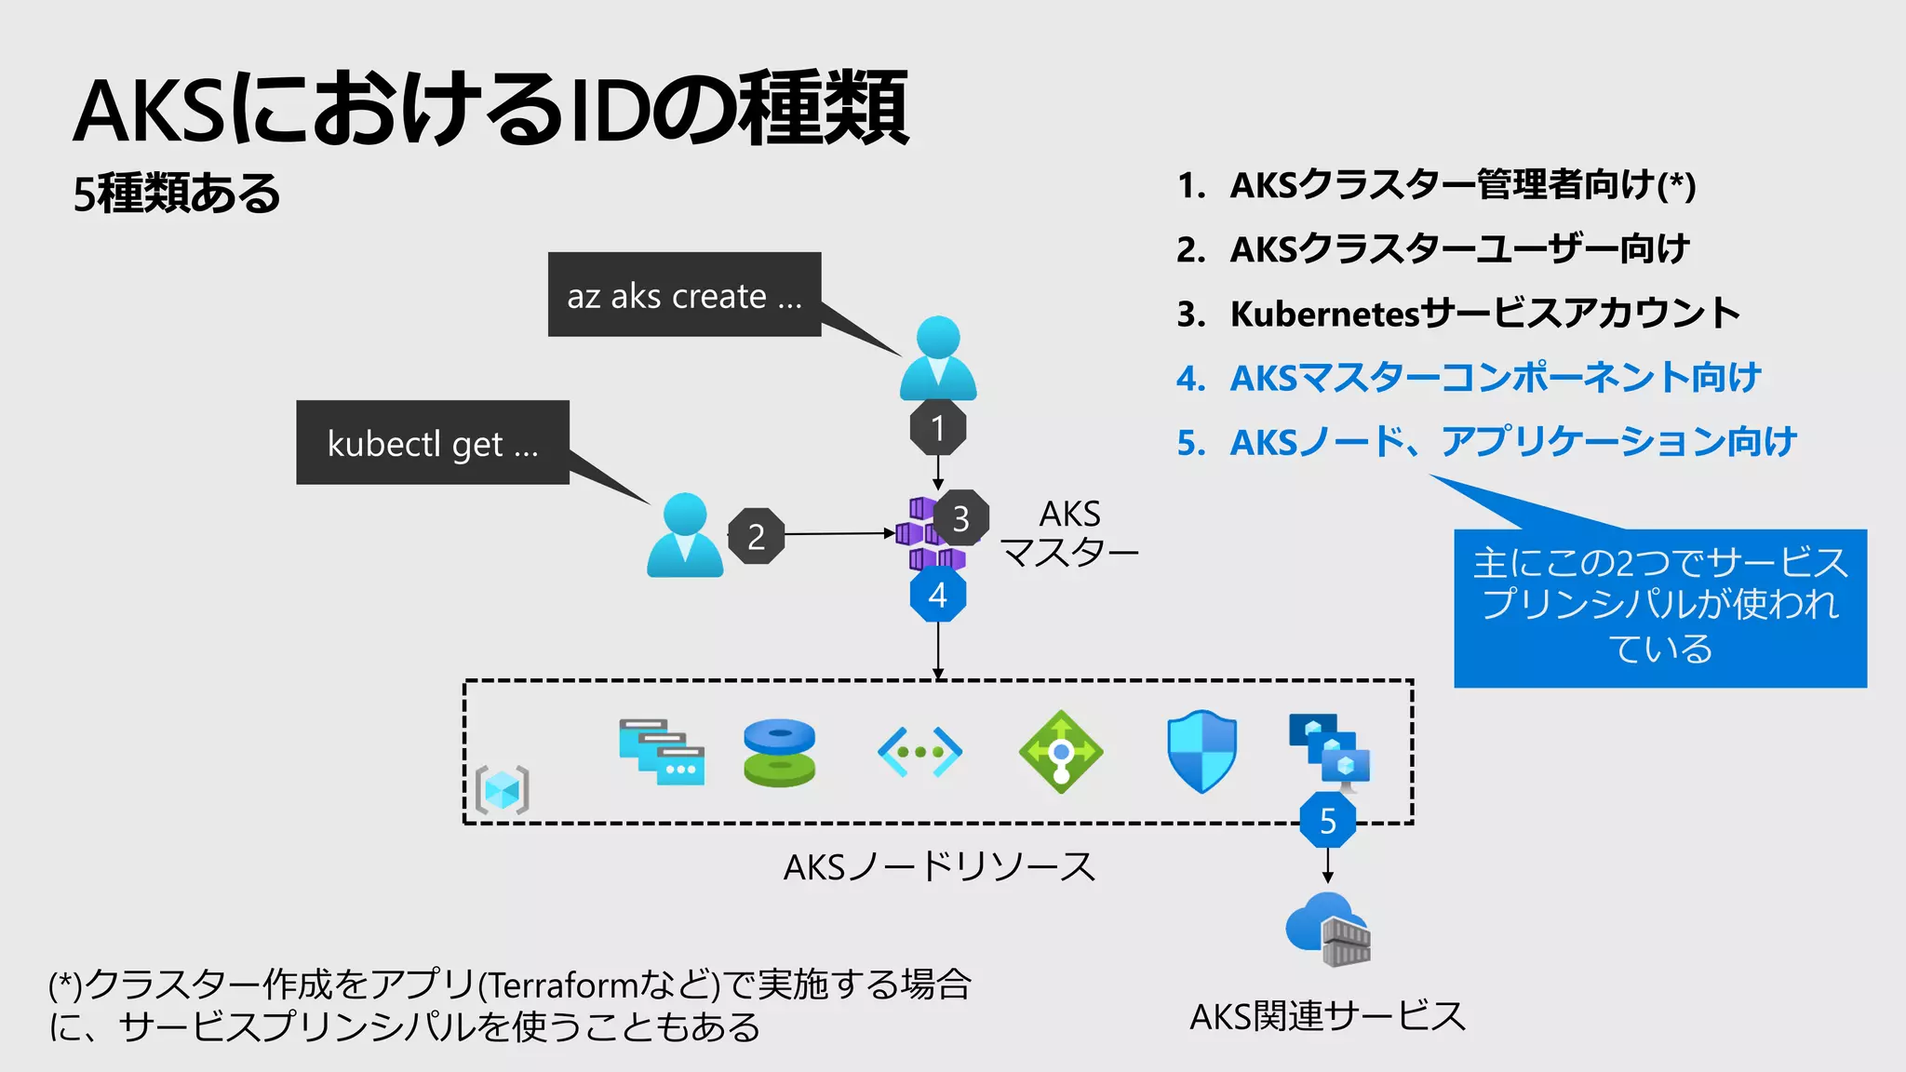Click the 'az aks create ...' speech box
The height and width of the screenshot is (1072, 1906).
(x=684, y=294)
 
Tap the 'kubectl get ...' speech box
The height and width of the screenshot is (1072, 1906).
(x=433, y=443)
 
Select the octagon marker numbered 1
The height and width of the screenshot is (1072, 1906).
(x=938, y=428)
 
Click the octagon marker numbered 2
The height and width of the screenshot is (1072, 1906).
(x=756, y=536)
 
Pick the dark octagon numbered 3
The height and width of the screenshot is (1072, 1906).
(x=960, y=518)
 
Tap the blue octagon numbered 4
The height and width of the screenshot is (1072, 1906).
(x=938, y=595)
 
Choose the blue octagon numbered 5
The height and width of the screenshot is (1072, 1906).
(x=1328, y=820)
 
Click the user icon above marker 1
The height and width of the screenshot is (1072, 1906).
(x=938, y=358)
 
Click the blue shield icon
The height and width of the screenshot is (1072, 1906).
(x=1201, y=751)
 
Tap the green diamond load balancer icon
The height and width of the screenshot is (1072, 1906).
(x=1061, y=751)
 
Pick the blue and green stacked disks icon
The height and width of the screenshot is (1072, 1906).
(x=780, y=752)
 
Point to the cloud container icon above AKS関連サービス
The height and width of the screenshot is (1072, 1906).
(x=1328, y=930)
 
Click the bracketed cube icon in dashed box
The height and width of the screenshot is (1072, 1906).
(x=503, y=790)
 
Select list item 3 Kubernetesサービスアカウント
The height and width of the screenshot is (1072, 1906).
(x=1484, y=314)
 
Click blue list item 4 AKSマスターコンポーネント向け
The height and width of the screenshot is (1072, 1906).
(x=1495, y=378)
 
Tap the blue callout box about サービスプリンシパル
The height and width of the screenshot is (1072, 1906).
(x=1660, y=608)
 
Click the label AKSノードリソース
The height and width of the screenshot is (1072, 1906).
(x=939, y=867)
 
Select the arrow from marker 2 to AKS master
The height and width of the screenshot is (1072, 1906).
(x=838, y=534)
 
